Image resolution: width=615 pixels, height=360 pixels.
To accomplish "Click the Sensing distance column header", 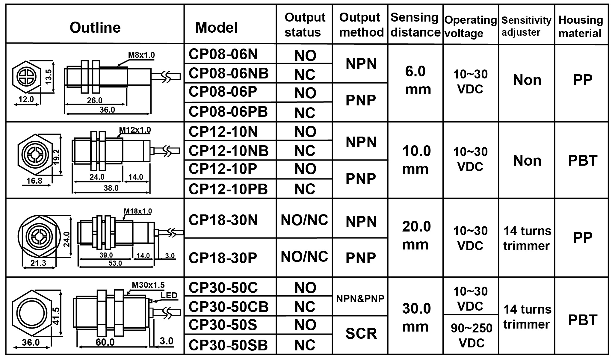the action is tap(415, 25).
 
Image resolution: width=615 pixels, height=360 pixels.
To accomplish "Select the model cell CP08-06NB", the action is tap(229, 73).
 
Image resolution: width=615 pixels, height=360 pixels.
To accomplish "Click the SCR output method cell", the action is tap(361, 334).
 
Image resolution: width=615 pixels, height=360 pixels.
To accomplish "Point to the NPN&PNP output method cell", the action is tap(360, 299).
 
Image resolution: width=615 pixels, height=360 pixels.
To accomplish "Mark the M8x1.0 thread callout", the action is tap(141, 55).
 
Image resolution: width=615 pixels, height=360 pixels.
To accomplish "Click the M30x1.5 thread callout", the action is tap(148, 285).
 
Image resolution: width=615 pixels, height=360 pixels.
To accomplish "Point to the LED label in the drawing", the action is tap(169, 295).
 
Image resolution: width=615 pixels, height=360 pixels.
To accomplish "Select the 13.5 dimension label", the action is tap(49, 76).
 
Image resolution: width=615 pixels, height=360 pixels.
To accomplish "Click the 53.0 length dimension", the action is tap(115, 263).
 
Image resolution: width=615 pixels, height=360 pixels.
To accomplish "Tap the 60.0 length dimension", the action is tap(105, 342).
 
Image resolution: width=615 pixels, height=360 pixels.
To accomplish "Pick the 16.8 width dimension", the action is tap(34, 181).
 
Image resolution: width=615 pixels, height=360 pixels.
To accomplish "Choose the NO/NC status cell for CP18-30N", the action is tap(304, 220).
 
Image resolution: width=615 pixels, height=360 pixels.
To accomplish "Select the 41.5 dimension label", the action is tap(56, 316).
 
